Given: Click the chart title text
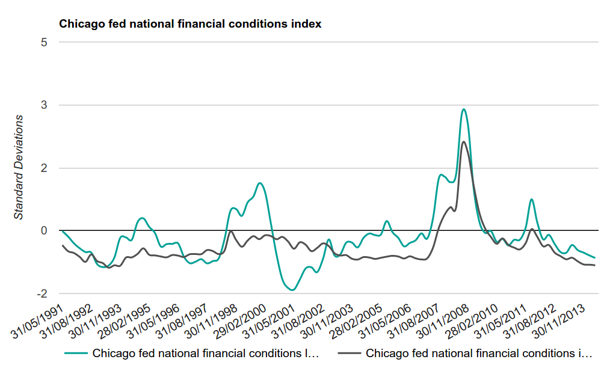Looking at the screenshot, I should [x=190, y=25].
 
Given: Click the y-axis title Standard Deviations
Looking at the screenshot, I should [x=19, y=167].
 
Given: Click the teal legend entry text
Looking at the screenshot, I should [x=205, y=354].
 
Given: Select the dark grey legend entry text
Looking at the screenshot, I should [x=479, y=354].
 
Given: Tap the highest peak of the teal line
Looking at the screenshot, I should [x=463, y=109].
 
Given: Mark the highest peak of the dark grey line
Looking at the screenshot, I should [x=463, y=142].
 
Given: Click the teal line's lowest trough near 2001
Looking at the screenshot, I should [x=292, y=290].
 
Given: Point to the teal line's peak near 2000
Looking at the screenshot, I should [x=259, y=183].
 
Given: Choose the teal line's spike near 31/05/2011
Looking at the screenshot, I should [x=532, y=199].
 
